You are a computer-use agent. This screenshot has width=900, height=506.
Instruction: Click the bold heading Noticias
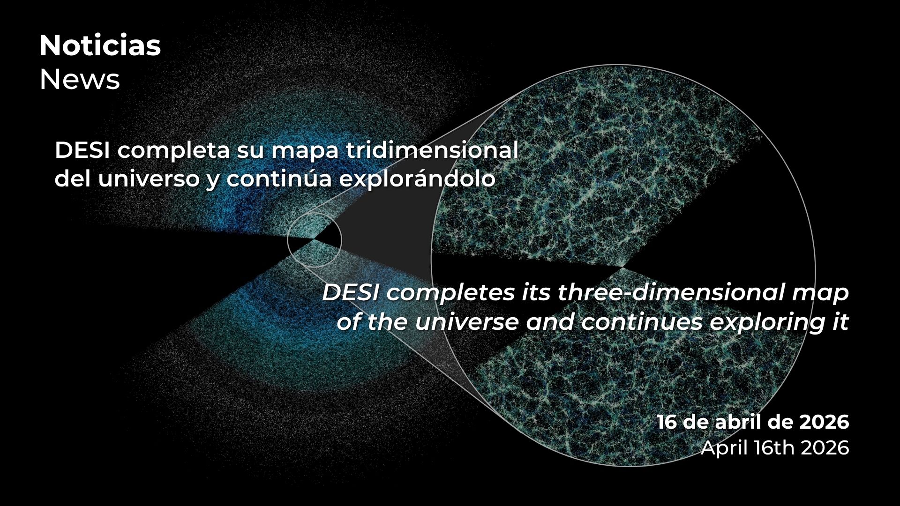[x=100, y=46]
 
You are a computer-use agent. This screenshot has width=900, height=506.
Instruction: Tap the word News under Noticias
[x=80, y=80]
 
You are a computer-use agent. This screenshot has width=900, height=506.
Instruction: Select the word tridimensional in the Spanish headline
[x=432, y=150]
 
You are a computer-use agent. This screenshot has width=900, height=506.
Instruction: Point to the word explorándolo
[x=417, y=179]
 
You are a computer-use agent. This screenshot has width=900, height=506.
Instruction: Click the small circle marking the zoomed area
[x=287, y=239]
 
